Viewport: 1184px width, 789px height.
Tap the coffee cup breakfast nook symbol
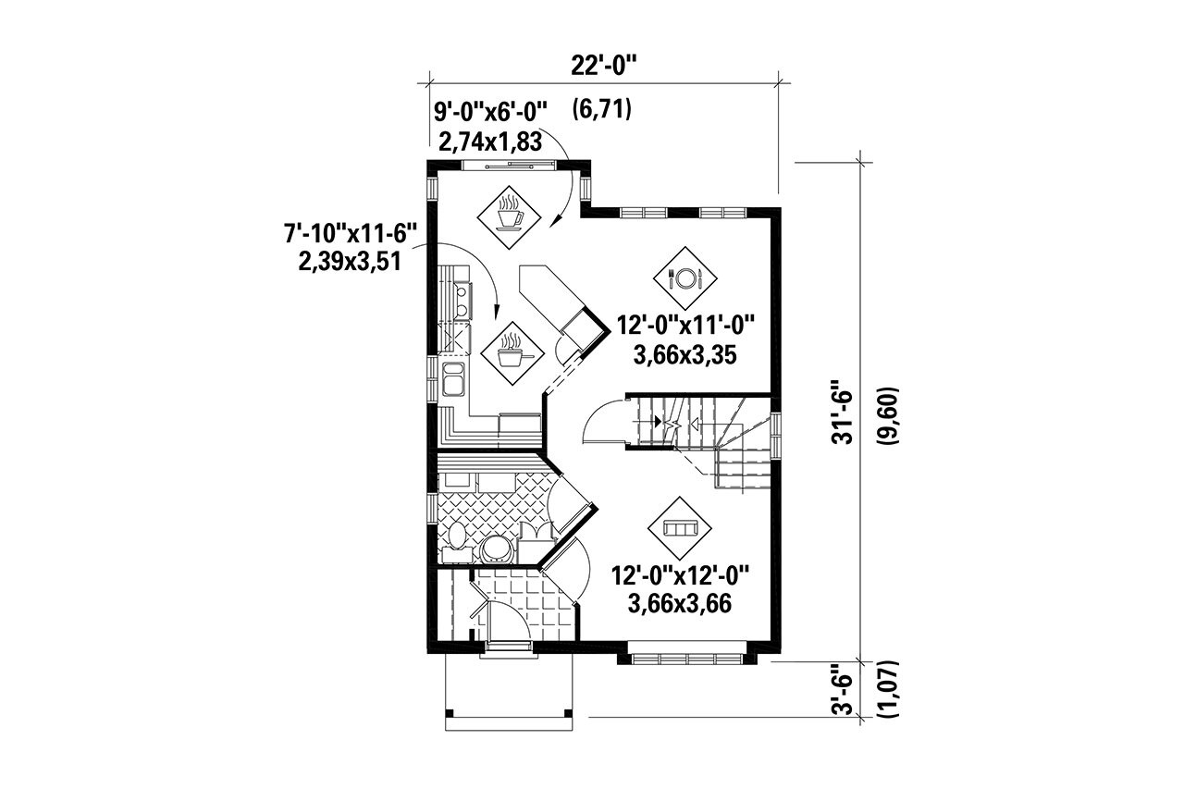coord(508,216)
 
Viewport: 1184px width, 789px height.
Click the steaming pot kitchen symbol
coord(512,354)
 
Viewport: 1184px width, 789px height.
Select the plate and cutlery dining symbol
coord(684,277)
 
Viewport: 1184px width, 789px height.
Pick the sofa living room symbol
coord(680,526)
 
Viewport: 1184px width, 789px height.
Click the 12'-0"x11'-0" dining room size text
coord(686,326)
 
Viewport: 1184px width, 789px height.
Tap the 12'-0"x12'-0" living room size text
coord(680,575)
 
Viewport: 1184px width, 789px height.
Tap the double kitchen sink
coord(454,379)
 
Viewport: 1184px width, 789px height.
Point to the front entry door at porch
coord(505,644)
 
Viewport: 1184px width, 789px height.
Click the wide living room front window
coord(687,658)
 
